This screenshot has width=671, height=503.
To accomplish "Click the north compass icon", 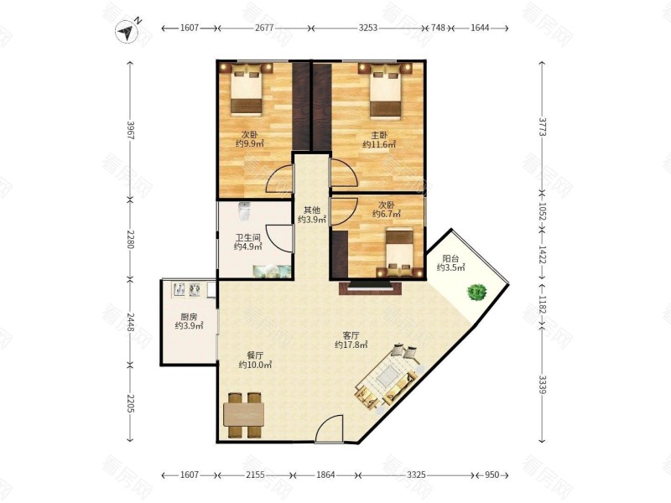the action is click(127, 32).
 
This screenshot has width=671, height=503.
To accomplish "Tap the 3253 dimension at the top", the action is click(368, 29).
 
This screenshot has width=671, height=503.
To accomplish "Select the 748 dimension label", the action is click(438, 29).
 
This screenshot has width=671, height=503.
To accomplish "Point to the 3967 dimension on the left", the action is click(131, 131).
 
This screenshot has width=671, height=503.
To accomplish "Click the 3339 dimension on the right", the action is click(542, 385).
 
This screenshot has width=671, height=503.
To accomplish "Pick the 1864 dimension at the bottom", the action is click(325, 474).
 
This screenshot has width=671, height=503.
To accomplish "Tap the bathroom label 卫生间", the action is click(247, 237).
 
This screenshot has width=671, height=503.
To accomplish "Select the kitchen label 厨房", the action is click(188, 317).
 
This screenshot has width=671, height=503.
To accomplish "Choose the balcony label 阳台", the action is click(450, 259).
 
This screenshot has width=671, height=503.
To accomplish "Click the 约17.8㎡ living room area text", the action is click(351, 345).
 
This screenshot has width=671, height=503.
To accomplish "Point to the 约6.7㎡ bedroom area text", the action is click(386, 214).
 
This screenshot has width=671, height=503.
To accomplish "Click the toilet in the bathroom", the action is click(244, 212).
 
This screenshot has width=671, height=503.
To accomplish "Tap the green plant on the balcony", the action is click(476, 293).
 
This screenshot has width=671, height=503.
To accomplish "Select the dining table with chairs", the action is click(244, 415).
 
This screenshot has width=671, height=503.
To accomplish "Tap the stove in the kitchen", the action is click(187, 289).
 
